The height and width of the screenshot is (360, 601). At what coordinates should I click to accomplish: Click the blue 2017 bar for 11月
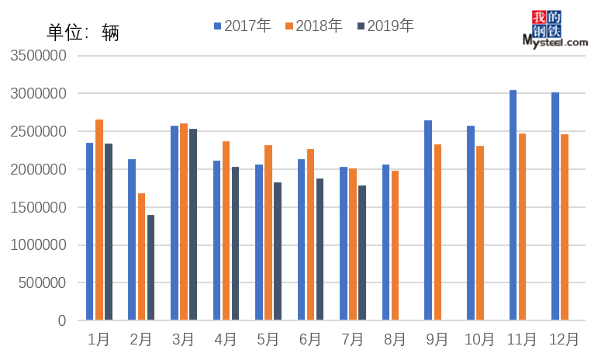[x=513, y=205]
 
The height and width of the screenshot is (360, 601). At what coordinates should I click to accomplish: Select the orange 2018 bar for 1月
[x=99, y=220]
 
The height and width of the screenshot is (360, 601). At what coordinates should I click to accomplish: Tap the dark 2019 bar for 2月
[x=150, y=268]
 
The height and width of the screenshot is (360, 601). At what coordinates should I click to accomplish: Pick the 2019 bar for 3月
[x=193, y=224]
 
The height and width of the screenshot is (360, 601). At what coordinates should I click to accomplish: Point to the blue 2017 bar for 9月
[x=428, y=220]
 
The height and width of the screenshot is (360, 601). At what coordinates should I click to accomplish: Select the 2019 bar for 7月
[x=362, y=252]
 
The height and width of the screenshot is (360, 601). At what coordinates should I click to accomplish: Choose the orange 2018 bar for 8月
[x=395, y=245]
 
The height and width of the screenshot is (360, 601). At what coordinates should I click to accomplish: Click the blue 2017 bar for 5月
[x=259, y=242]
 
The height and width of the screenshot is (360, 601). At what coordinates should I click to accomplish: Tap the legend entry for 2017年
[x=242, y=26]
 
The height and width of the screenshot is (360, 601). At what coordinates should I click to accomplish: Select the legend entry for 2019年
[x=385, y=26]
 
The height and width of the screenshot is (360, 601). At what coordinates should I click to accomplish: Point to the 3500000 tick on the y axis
[x=37, y=56]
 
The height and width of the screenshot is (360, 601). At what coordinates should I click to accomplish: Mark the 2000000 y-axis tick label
[x=37, y=169]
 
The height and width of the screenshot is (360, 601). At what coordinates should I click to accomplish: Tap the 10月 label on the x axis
[x=479, y=339]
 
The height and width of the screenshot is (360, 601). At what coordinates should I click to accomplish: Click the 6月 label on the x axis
[x=309, y=339]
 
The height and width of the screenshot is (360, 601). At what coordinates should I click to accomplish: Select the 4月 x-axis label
[x=225, y=339]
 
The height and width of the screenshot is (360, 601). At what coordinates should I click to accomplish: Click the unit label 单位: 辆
[x=83, y=33]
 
